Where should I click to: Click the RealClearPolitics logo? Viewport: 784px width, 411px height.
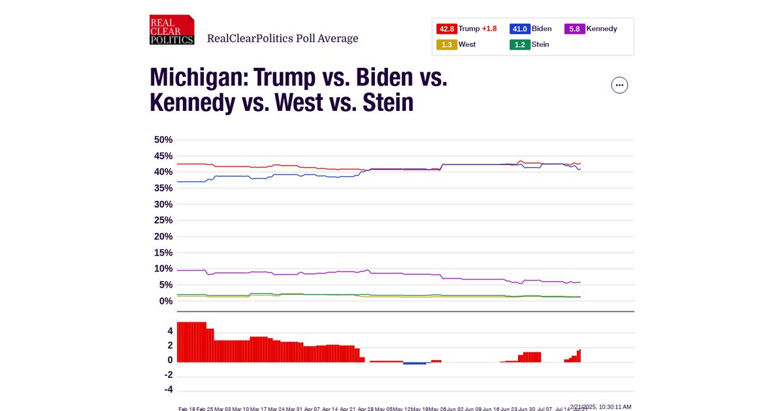(x=172, y=30)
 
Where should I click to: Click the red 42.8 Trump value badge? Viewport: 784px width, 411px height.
(x=447, y=29)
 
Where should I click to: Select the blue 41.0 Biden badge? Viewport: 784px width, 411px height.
(x=519, y=29)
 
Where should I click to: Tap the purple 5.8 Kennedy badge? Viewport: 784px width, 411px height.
(x=574, y=29)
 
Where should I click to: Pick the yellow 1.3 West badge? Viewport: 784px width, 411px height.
(x=447, y=44)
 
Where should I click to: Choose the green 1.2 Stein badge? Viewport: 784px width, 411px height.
(x=519, y=44)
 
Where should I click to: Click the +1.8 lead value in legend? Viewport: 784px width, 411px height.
(x=489, y=29)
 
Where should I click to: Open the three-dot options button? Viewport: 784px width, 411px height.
(x=619, y=85)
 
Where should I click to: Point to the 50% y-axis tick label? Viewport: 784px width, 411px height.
(x=163, y=140)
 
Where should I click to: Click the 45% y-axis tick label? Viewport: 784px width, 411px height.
(x=163, y=156)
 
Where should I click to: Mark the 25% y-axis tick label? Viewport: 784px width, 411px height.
(x=163, y=221)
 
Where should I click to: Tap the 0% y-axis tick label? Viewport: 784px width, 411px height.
(x=165, y=301)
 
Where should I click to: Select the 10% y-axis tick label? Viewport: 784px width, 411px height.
(x=163, y=269)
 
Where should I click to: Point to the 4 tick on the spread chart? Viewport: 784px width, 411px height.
(x=170, y=331)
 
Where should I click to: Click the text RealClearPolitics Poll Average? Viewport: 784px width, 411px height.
(x=282, y=38)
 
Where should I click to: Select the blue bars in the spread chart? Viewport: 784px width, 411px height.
(x=414, y=363)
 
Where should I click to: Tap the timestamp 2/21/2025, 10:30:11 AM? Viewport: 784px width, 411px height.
(x=600, y=406)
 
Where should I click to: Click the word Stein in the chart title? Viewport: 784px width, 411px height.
(x=388, y=102)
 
